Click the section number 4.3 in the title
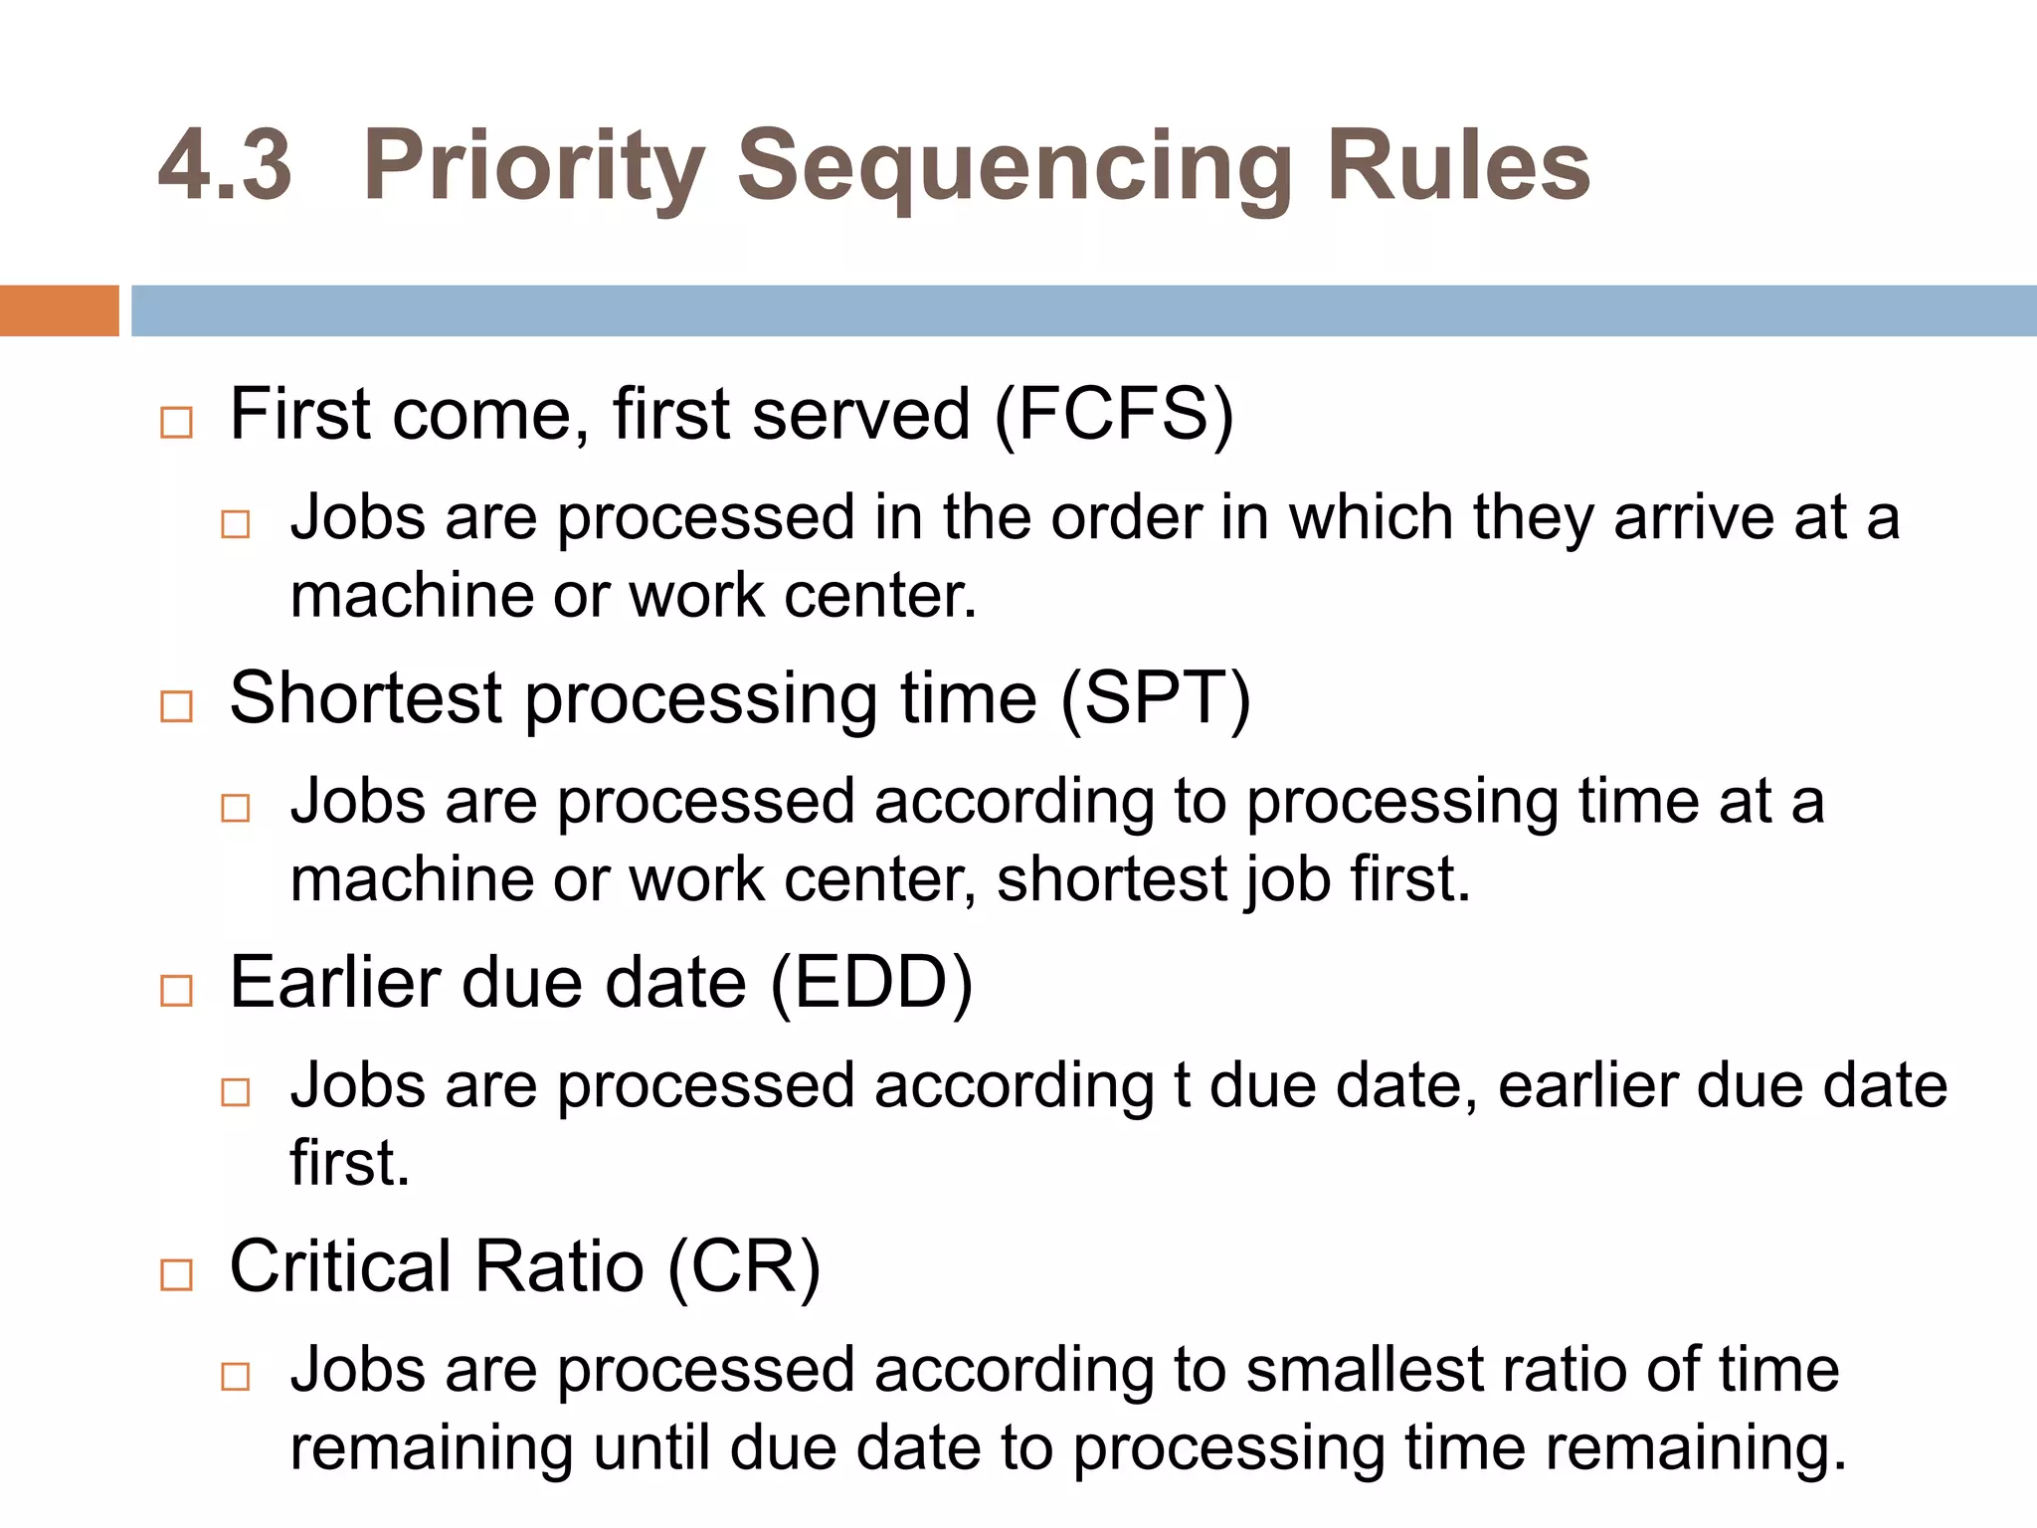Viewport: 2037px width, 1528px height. [x=226, y=166]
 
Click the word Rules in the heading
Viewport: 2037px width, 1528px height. [x=1458, y=166]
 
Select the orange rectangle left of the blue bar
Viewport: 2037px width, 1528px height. [x=59, y=310]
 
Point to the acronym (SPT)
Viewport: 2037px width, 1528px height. [x=1155, y=698]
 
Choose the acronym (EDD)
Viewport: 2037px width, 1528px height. [x=871, y=983]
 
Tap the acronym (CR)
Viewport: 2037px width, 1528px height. [x=744, y=1267]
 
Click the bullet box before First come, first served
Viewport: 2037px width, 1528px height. [x=177, y=423]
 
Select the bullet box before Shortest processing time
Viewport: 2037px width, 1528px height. [x=177, y=707]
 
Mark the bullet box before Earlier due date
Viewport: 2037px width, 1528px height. [x=177, y=991]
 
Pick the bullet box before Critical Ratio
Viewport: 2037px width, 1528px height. [x=177, y=1274]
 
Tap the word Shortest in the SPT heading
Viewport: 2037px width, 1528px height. [x=365, y=698]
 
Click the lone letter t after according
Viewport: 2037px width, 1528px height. [x=1182, y=1085]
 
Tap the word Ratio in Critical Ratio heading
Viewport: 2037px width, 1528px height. [x=559, y=1267]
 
